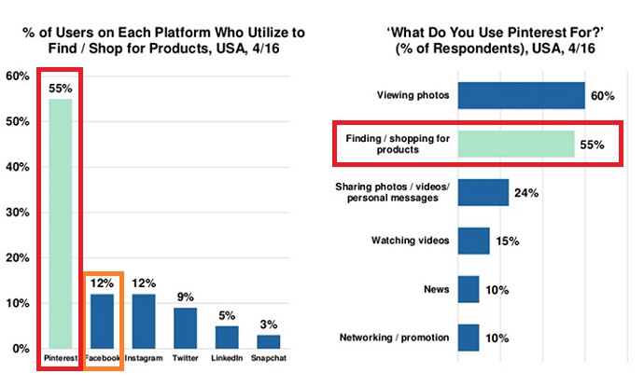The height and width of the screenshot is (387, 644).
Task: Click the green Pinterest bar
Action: pos(61,224)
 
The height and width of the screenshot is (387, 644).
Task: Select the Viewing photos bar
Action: pos(522,96)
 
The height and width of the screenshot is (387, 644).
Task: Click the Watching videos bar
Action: pos(474,241)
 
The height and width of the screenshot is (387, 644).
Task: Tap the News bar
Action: pos(469,289)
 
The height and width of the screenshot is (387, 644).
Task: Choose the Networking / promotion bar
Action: pos(469,337)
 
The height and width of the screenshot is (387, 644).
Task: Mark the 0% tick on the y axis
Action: pos(20,349)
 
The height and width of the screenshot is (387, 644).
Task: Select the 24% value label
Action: pos(527,192)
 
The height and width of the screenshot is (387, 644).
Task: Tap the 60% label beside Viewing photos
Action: pos(604,96)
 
